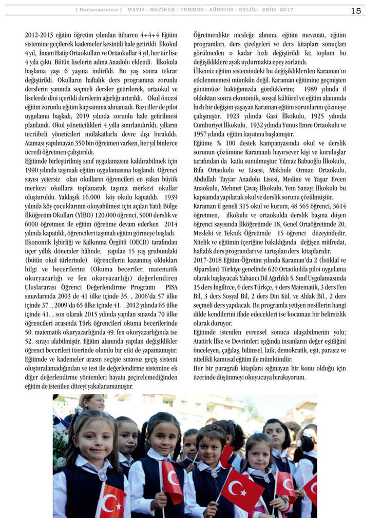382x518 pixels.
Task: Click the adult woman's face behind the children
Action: coord(92,404)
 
